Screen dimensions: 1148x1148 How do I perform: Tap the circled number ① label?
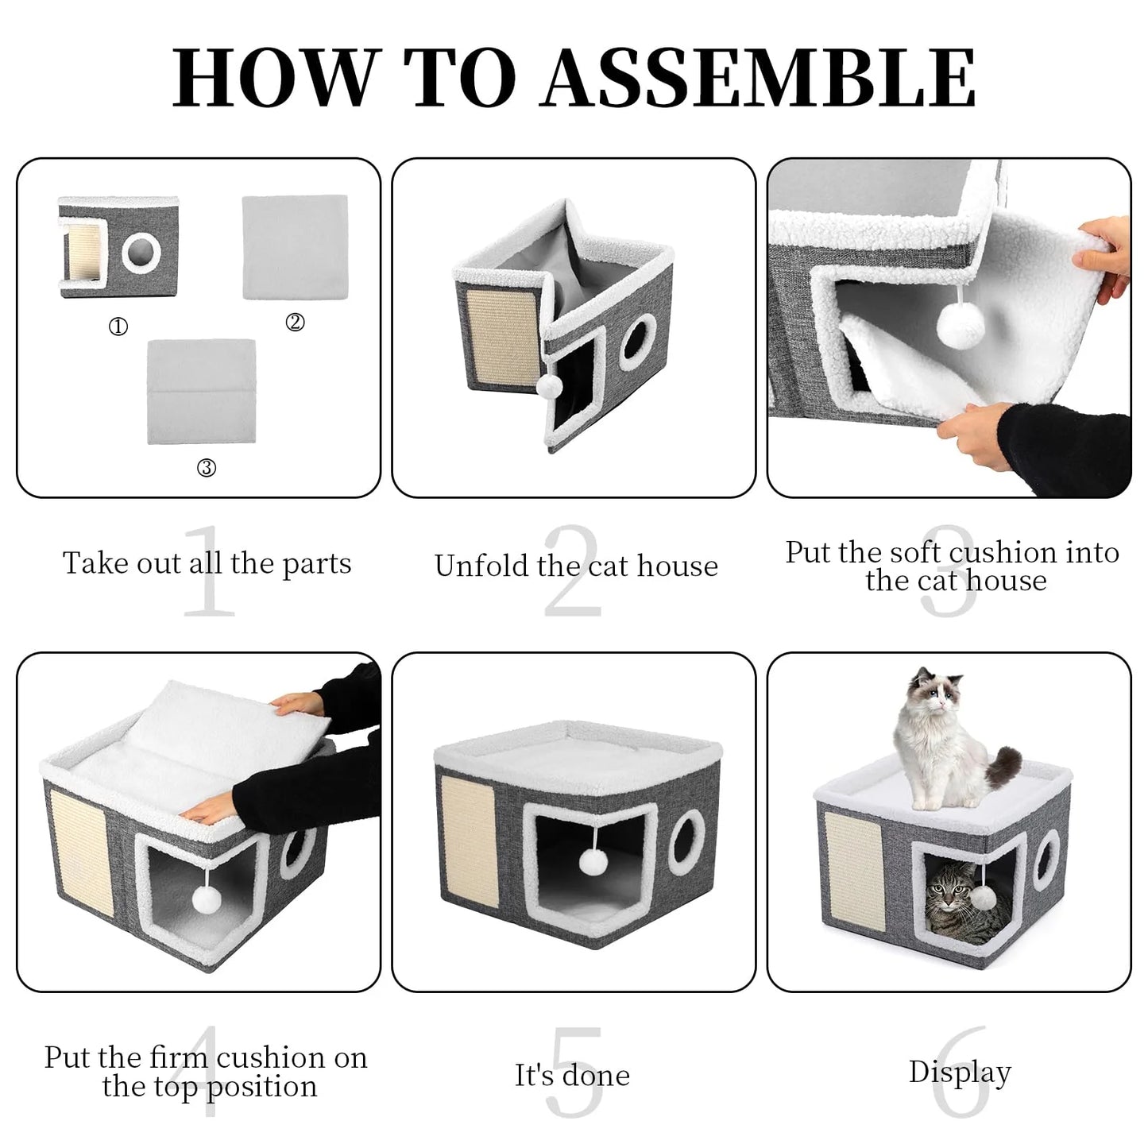[x=118, y=327]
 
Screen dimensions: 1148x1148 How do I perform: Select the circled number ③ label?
[x=206, y=468]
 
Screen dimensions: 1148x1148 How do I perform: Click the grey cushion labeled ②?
[x=295, y=247]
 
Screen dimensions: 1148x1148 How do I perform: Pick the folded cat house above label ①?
[x=118, y=247]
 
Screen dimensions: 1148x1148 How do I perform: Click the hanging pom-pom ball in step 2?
[x=549, y=386]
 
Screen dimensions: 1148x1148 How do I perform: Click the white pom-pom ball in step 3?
[x=957, y=323]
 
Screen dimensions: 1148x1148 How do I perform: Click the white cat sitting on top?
[x=937, y=739]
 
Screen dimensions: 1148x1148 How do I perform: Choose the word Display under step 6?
[x=960, y=1072]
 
